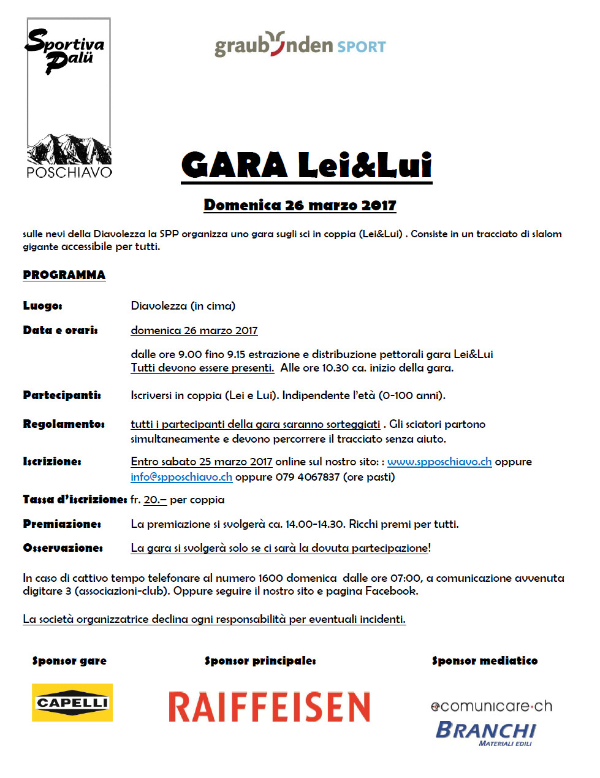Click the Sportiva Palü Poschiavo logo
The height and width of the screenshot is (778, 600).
tap(69, 98)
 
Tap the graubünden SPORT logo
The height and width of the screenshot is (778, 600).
tap(300, 45)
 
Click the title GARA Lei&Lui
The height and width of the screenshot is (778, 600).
tap(306, 166)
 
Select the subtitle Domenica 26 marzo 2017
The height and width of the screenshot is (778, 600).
tap(300, 205)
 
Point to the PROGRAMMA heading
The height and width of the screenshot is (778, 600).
tap(64, 275)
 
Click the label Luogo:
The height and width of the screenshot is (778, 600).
tap(43, 306)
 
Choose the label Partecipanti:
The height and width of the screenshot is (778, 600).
tap(62, 395)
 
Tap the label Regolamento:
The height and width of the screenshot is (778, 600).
tap(64, 424)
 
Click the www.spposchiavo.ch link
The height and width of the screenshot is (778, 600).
tap(439, 462)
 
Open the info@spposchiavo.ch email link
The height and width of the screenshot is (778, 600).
tap(181, 477)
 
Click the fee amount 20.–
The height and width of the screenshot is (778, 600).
tap(155, 500)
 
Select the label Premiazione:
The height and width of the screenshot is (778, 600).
tap(62, 524)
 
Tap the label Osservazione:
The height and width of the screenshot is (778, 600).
tap(63, 548)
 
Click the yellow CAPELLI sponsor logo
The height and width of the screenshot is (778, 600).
tap(72, 703)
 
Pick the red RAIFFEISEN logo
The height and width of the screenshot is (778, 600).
tap(270, 707)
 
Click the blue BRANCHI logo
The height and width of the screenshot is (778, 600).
tap(486, 731)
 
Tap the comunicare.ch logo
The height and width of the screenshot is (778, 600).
tap(492, 706)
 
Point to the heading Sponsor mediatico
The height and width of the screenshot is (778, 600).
tap(484, 661)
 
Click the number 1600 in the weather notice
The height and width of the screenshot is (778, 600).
tap(271, 578)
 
